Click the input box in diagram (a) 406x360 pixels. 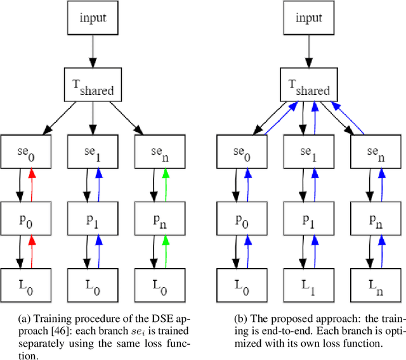tap(93, 18)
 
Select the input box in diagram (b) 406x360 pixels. tap(308, 18)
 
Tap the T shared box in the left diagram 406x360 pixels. tap(93, 89)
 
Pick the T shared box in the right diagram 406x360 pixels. tap(308, 89)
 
